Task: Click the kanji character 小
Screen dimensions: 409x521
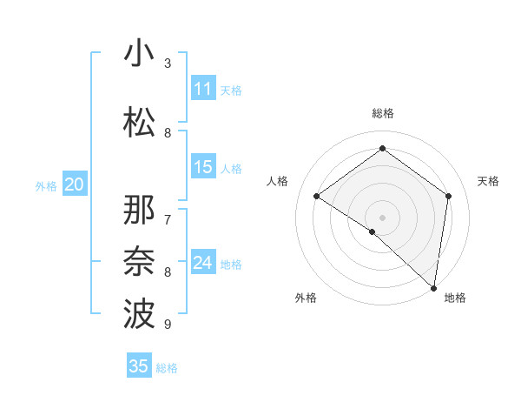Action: (139, 54)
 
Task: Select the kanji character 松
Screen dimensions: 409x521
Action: (139, 120)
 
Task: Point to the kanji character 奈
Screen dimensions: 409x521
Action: (139, 261)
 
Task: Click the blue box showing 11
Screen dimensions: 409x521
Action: (203, 89)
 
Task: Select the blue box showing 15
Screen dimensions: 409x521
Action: (203, 167)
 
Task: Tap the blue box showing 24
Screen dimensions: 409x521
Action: (203, 263)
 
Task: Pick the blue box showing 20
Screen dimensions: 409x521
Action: (75, 184)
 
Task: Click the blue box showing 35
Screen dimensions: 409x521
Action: (139, 366)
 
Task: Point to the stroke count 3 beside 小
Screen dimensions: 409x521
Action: (168, 64)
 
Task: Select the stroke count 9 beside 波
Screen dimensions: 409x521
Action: (168, 324)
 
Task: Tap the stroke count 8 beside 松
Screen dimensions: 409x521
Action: (168, 133)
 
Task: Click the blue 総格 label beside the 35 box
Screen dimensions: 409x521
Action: (167, 368)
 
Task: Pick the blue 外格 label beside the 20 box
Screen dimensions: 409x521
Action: (46, 185)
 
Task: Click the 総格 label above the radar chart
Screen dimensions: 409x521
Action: (382, 113)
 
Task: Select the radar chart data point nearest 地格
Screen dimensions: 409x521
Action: (434, 286)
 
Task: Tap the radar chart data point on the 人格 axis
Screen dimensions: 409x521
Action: (317, 196)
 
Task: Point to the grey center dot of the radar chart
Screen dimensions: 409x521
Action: (382, 217)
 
